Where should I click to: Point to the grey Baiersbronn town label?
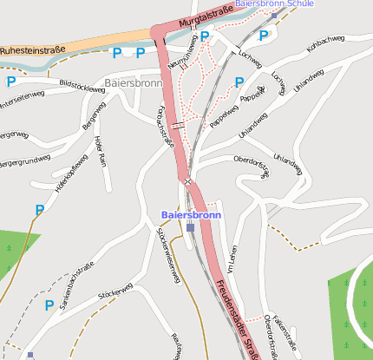click(x=133, y=83)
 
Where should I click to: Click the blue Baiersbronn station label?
click(x=191, y=214)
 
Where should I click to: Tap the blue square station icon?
click(x=191, y=227)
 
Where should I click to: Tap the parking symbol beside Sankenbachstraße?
click(x=49, y=305)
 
